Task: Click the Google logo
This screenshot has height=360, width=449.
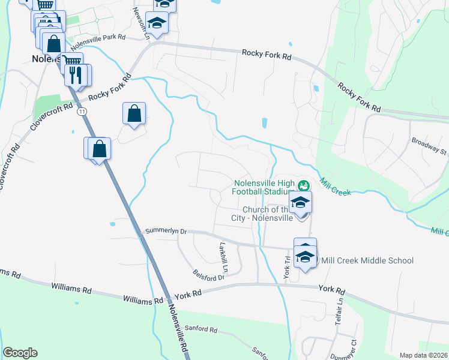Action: [20, 353]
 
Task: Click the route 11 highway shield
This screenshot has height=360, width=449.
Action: [82, 111]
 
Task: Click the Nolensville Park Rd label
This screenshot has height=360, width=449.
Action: [97, 41]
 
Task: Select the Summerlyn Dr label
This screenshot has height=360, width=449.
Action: [167, 231]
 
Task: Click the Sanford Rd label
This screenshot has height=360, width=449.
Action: [201, 329]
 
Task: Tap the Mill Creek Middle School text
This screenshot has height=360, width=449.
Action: [367, 260]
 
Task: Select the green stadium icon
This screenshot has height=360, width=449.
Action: [304, 184]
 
